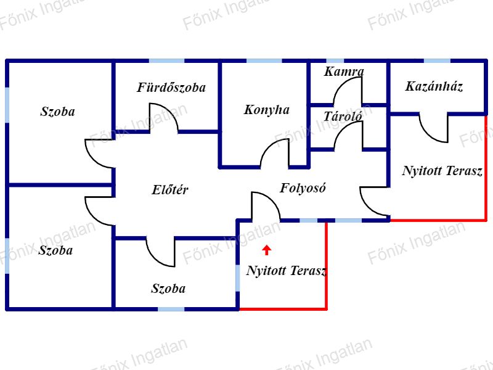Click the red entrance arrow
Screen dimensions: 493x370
tap(267, 250)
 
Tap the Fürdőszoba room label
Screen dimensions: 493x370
tap(171, 88)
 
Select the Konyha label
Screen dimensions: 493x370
tap(267, 110)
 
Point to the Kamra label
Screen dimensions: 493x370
tap(344, 72)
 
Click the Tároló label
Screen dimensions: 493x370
tap(343, 117)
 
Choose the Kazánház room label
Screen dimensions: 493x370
tap(434, 86)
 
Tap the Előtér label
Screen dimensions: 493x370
tap(170, 190)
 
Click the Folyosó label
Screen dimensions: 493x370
tap(303, 188)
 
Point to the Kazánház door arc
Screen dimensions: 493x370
tap(428, 136)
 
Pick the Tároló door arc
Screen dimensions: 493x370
tap(341, 128)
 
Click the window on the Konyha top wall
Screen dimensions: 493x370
tap(264, 60)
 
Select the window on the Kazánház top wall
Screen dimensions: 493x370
tap(437, 60)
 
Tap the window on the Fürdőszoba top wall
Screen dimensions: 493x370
tap(166, 60)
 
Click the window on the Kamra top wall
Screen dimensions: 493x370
tap(335, 60)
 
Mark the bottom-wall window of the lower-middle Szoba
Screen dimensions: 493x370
tap(171, 309)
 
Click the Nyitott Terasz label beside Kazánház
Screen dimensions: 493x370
tap(442, 171)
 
